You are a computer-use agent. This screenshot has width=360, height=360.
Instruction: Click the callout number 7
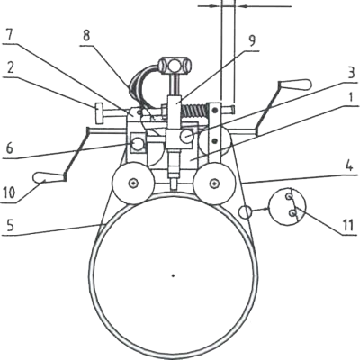(x=9, y=35)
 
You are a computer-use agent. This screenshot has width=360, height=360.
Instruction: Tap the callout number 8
(x=86, y=36)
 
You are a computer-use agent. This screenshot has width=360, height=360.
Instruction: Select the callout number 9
(x=252, y=41)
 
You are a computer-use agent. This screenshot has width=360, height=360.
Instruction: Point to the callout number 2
(x=10, y=68)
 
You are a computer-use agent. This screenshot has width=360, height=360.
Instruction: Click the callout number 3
(x=351, y=74)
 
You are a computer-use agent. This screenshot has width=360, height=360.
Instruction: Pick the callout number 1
(x=353, y=98)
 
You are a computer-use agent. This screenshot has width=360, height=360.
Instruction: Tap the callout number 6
(x=10, y=148)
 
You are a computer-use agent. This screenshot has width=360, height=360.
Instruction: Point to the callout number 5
(x=10, y=226)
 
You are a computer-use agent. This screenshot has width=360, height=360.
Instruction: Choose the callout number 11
(x=348, y=226)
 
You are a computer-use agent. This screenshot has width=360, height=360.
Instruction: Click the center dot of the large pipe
(x=173, y=275)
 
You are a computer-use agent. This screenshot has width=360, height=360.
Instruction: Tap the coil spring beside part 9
(x=194, y=111)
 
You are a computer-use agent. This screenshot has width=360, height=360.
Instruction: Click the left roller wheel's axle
(x=133, y=183)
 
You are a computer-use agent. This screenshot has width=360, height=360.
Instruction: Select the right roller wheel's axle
(x=213, y=183)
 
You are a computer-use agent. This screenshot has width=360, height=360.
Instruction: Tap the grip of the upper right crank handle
(x=296, y=85)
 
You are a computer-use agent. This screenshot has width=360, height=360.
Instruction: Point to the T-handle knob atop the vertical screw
(x=175, y=65)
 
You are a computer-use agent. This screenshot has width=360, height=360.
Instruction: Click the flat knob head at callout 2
(x=99, y=112)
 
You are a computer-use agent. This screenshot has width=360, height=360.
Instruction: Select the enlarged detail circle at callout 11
(x=287, y=206)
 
